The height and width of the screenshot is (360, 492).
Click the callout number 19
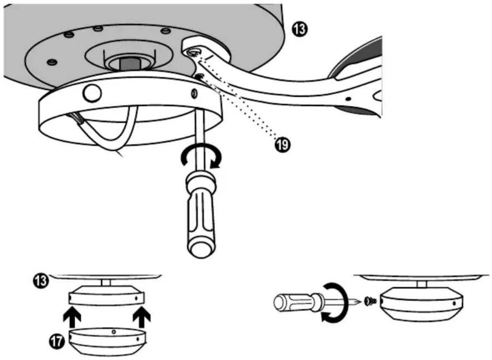282,144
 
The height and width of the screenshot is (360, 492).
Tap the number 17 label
57,341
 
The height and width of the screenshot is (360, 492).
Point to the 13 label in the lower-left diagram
41,281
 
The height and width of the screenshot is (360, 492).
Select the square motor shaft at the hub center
130,64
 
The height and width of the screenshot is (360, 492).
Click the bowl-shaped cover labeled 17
107,342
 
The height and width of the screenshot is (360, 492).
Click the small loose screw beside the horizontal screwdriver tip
371,301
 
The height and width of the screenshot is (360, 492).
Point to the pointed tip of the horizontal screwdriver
360,302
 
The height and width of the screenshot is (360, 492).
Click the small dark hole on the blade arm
348,99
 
